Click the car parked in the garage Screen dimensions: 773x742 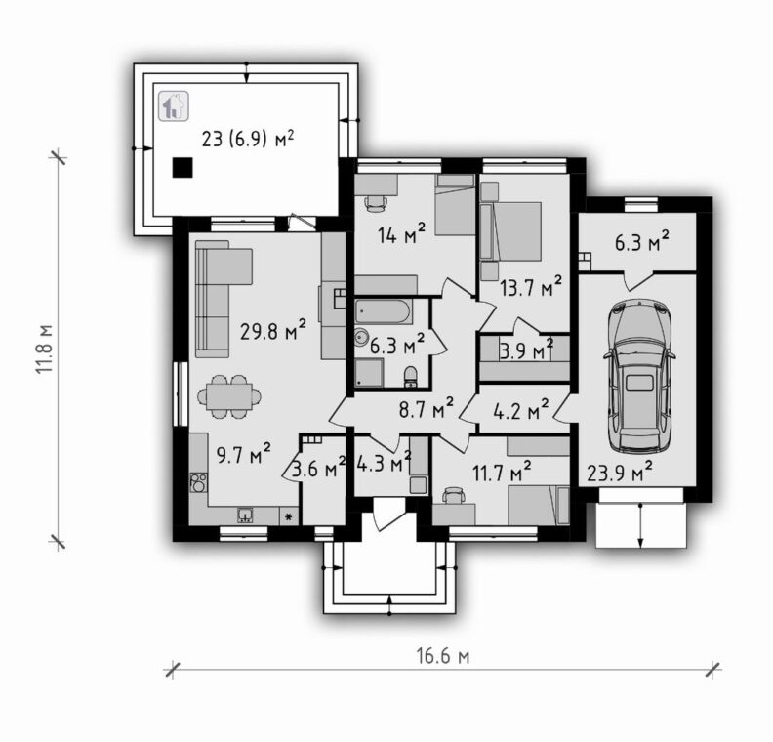[x=639, y=375]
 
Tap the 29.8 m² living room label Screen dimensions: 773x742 [x=273, y=331]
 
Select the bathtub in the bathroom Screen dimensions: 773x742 [x=383, y=311]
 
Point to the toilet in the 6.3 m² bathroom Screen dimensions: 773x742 [x=410, y=377]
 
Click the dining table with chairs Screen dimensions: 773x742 [x=229, y=396]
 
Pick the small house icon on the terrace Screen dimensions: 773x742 [x=174, y=106]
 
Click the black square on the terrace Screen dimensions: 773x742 [x=183, y=168]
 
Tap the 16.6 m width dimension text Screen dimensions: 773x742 [x=443, y=656]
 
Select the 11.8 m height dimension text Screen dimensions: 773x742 [x=43, y=349]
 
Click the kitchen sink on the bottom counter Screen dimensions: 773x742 [x=246, y=515]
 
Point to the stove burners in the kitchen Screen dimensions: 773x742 [x=199, y=482]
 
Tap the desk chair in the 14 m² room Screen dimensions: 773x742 [x=376, y=203]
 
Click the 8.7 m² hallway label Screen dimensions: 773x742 [x=426, y=408]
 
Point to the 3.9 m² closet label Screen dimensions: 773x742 [x=526, y=351]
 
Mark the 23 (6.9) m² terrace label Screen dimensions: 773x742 [x=248, y=139]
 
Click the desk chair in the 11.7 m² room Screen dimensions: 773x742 [x=454, y=495]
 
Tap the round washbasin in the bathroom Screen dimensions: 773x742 [x=362, y=337]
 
